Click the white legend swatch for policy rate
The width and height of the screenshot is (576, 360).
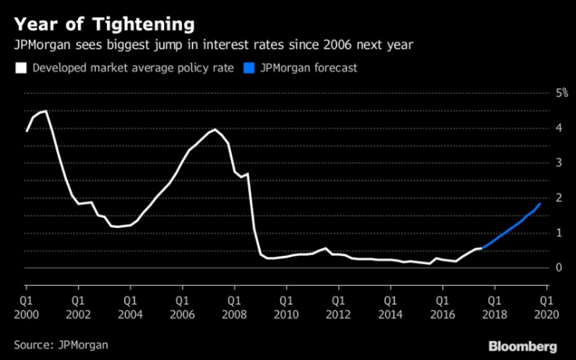pos(20,68)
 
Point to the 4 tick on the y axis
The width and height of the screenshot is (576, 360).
pos(536,127)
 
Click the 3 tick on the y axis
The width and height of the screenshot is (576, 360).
pos(536,162)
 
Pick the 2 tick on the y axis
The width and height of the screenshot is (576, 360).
pos(536,198)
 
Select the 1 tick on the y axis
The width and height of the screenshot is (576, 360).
pos(536,233)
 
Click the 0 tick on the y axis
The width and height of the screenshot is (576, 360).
pos(536,268)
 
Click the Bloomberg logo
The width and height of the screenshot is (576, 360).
pos(523,345)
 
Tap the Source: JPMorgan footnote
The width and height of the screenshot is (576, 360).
pos(61,344)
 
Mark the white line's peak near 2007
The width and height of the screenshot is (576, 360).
pos(215,130)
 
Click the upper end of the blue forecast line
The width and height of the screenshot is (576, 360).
pos(540,203)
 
